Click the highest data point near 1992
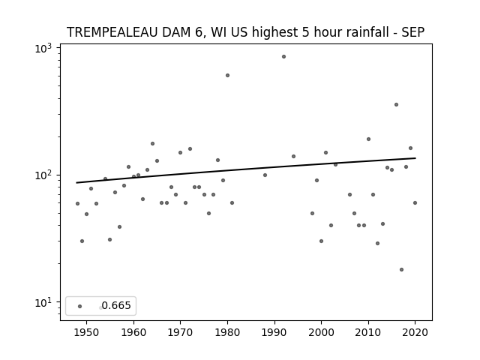click(283, 57)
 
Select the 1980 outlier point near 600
click(227, 75)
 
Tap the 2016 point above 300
click(396, 105)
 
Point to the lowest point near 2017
click(401, 270)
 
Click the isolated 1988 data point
click(265, 175)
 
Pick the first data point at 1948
click(77, 203)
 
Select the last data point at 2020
click(415, 203)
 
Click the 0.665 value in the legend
click(116, 305)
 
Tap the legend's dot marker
click(80, 306)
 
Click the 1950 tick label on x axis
click(87, 332)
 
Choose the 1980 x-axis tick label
click(227, 332)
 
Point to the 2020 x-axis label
click(415, 332)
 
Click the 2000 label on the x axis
click(321, 332)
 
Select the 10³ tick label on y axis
click(43, 48)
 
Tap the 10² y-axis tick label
click(43, 175)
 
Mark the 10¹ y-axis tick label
click(43, 303)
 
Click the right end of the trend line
click(415, 158)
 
